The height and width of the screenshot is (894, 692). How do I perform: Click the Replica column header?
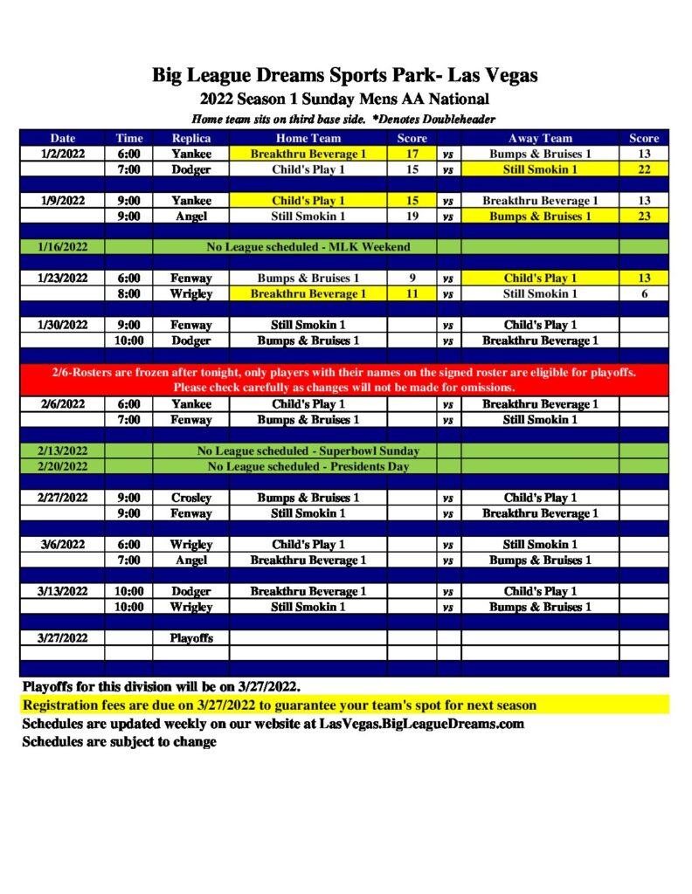click(190, 138)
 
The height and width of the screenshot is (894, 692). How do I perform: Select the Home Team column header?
click(308, 138)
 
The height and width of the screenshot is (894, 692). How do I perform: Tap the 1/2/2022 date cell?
click(63, 154)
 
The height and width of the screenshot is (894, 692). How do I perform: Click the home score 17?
click(412, 154)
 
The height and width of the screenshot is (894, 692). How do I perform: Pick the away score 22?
click(644, 169)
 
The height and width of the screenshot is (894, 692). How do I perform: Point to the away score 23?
click(644, 216)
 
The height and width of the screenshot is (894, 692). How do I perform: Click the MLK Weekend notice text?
click(308, 247)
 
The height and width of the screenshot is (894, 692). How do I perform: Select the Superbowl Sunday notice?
click(308, 451)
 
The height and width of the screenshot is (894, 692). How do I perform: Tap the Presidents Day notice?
click(308, 466)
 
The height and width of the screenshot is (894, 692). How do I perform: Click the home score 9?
click(412, 279)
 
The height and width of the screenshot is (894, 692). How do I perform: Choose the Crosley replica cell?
click(190, 498)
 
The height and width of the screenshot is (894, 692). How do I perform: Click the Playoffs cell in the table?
click(190, 638)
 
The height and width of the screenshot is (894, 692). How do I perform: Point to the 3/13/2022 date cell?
click(63, 591)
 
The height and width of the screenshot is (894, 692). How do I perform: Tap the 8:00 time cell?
click(129, 294)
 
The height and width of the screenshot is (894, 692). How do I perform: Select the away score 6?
click(644, 294)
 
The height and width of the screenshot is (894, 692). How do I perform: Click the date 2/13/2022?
click(63, 451)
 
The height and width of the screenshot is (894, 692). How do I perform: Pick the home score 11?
click(412, 294)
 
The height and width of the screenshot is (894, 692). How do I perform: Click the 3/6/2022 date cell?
click(63, 544)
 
